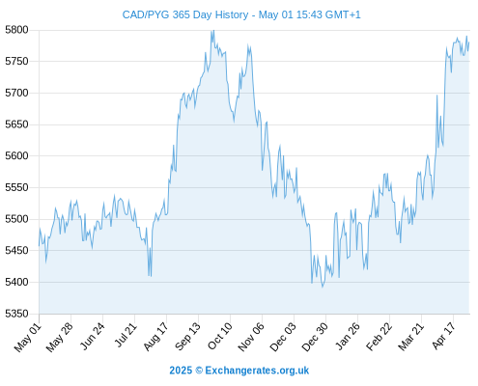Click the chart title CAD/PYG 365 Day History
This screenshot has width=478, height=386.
point(185,15)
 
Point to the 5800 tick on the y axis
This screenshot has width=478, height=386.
point(16,30)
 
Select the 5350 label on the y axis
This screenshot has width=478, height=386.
point(16,314)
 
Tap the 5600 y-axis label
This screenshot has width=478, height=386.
point(16,156)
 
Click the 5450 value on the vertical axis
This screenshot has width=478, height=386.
point(16,251)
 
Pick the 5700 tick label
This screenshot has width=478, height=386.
point(16,93)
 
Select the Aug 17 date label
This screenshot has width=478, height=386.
point(155,337)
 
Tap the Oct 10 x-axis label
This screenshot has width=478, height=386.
point(219,336)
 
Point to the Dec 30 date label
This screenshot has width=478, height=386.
point(315,337)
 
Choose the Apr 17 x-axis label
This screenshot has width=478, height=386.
point(444,336)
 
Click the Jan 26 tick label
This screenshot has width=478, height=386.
point(348,336)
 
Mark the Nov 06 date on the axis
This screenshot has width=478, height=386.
point(251,337)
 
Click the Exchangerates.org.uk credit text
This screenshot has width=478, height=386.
point(257,371)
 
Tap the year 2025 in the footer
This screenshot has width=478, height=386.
point(181,371)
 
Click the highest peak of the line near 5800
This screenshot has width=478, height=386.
point(213,31)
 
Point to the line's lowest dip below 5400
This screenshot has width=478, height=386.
point(323,287)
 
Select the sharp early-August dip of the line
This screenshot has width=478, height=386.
point(150,275)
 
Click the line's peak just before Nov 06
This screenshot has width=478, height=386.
point(248,45)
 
